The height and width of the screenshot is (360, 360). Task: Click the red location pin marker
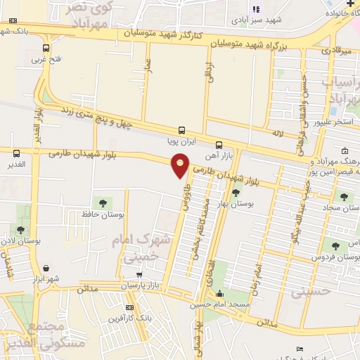click(181, 165)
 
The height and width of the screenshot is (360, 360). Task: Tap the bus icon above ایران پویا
click(182, 129)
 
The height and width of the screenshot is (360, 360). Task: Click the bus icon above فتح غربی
click(46, 49)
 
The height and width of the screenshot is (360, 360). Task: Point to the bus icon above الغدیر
click(16, 153)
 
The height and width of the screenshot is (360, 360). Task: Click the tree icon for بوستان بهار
click(235, 191)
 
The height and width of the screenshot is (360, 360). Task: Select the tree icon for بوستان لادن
click(20, 229)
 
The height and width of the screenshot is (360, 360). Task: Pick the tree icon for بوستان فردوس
click(333, 245)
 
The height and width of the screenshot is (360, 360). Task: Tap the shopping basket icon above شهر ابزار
click(46, 268)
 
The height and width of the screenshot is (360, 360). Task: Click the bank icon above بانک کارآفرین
click(130, 307)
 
